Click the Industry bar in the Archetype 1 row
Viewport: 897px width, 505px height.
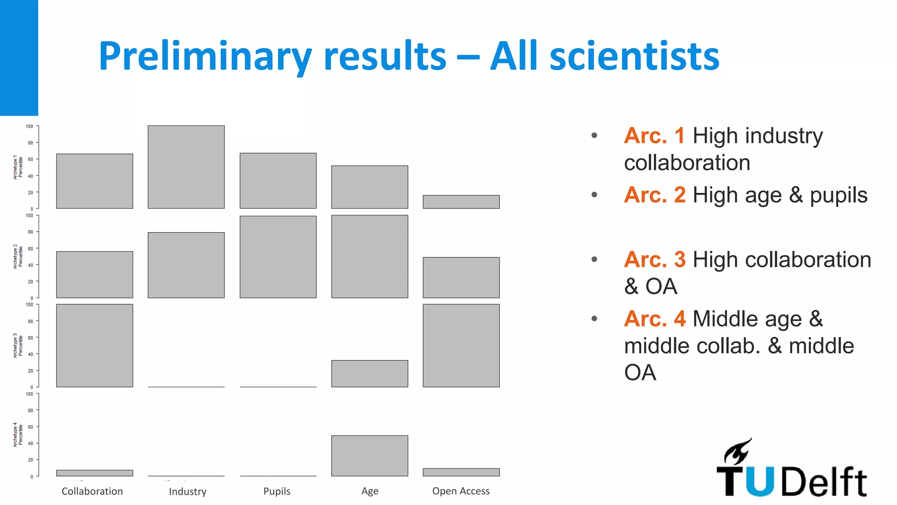click(x=186, y=167)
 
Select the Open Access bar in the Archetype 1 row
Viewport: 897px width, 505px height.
click(x=461, y=202)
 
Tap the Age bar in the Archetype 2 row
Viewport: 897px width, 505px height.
click(x=370, y=256)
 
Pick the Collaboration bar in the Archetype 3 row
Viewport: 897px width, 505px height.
click(x=95, y=345)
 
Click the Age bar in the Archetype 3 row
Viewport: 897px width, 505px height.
click(x=370, y=373)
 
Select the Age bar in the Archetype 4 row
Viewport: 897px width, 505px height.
click(x=370, y=455)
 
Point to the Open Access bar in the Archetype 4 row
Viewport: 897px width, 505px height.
click(x=461, y=472)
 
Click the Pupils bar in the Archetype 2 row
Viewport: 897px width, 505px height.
click(x=278, y=257)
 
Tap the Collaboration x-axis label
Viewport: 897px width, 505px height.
click(x=92, y=491)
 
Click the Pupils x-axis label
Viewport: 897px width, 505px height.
click(x=277, y=491)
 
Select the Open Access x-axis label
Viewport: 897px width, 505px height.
click(x=461, y=491)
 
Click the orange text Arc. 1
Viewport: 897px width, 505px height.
click(x=654, y=135)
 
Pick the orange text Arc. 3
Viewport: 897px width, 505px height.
click(x=654, y=260)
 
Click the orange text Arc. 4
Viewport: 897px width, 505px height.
click(x=654, y=319)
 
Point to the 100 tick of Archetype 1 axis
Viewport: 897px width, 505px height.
click(x=29, y=126)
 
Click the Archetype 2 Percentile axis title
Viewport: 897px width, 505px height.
click(x=18, y=256)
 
